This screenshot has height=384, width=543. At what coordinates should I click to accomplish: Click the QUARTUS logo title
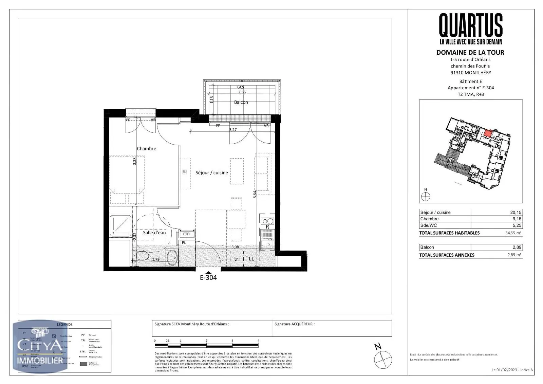click(471, 25)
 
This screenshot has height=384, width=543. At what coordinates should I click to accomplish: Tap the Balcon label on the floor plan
click(241, 102)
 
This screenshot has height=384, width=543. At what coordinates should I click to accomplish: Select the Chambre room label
click(146, 148)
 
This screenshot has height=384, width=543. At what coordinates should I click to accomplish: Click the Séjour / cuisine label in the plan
click(211, 172)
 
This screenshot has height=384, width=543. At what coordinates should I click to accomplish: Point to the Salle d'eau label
click(154, 233)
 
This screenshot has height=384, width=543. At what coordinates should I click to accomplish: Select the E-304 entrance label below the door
click(208, 277)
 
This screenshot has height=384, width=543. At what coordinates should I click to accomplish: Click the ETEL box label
click(187, 234)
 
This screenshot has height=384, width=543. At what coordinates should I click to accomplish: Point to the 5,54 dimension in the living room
click(255, 194)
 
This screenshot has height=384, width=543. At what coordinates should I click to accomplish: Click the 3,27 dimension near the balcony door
click(233, 130)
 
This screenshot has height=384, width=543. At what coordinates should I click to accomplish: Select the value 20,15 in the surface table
click(516, 213)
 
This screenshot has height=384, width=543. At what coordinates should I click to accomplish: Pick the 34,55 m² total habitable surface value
click(513, 233)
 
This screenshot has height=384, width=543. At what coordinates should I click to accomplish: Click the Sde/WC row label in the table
click(429, 225)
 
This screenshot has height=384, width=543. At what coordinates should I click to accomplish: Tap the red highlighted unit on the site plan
click(487, 133)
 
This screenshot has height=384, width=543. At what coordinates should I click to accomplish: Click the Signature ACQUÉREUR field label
click(294, 324)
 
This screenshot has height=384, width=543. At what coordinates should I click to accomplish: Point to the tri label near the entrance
click(237, 259)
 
